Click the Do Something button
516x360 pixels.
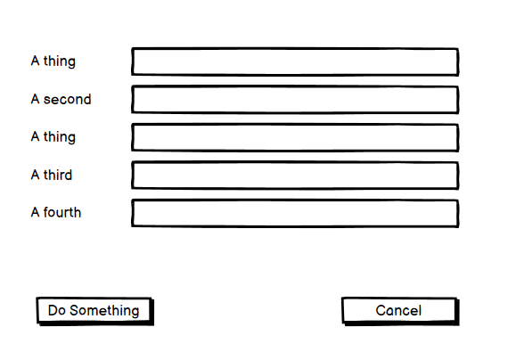[95, 311]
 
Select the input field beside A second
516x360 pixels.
[295, 100]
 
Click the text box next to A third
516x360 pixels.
[295, 176]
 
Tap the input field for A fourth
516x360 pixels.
[295, 213]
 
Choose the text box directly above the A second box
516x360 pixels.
[295, 61]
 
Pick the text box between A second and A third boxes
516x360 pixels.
[295, 137]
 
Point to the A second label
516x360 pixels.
[61, 99]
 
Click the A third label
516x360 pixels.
[52, 175]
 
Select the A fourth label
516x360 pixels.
[56, 212]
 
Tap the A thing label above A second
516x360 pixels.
[53, 61]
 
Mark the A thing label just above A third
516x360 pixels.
[53, 137]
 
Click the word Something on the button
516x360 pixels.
[104, 311]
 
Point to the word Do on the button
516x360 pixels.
[57, 310]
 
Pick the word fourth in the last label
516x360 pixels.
[62, 212]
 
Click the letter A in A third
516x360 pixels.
[36, 175]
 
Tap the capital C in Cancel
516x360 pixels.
[381, 310]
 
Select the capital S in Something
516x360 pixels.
[74, 310]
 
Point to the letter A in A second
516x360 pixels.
[36, 99]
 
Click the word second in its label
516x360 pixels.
[67, 99]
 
